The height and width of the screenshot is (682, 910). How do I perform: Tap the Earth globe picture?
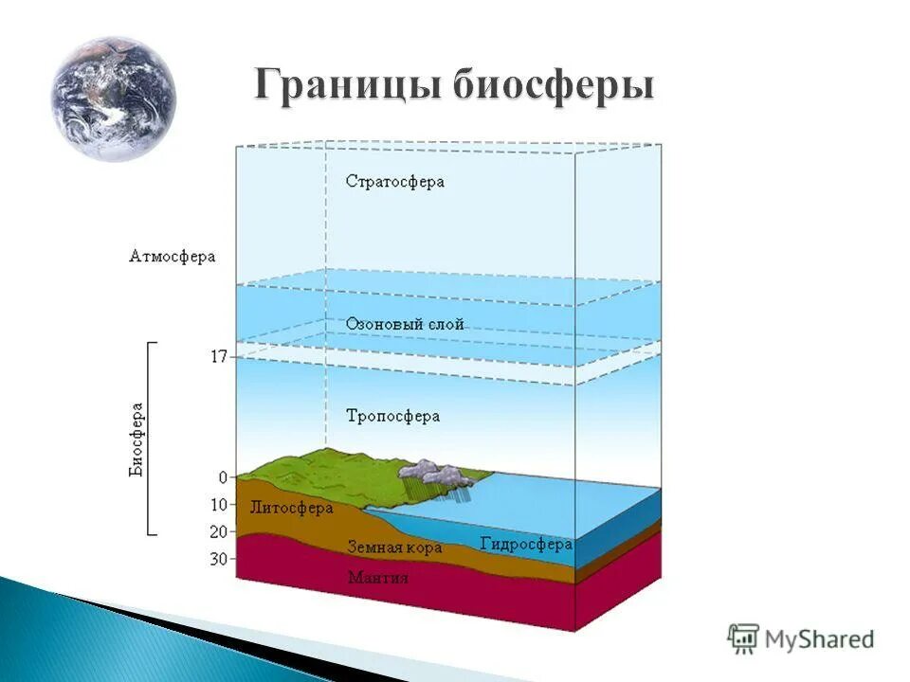(114, 99)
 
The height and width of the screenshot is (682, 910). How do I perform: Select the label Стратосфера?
(395, 181)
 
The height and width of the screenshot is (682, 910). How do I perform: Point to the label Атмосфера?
(173, 257)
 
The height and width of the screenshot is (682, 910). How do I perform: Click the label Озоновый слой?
(405, 324)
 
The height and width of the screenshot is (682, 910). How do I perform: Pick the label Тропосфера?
(392, 416)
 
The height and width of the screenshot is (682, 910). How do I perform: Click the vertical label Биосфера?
(137, 440)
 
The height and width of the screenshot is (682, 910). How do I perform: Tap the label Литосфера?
(291, 508)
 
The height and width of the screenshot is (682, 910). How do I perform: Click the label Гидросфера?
(526, 545)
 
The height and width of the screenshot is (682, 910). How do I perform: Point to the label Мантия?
(378, 577)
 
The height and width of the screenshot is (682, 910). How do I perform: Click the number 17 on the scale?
(219, 357)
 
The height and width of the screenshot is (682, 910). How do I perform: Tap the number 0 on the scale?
(224, 477)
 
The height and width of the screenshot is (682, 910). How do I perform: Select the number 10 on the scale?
(219, 505)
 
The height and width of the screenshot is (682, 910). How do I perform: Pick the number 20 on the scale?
(219, 531)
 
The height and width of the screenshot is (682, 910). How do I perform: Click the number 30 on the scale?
(219, 559)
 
